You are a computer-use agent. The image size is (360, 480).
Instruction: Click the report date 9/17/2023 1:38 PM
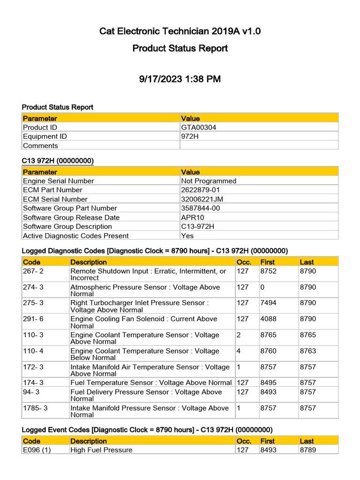pyautogui.click(x=180, y=79)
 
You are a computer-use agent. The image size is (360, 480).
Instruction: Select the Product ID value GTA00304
pyautogui.click(x=199, y=127)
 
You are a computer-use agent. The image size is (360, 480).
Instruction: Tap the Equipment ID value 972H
pyautogui.click(x=189, y=136)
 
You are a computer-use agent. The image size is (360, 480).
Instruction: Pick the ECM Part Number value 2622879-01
pyautogui.click(x=200, y=190)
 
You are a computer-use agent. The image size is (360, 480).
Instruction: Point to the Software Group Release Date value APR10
pyautogui.click(x=192, y=217)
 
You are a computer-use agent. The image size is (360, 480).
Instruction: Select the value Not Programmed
pyautogui.click(x=209, y=181)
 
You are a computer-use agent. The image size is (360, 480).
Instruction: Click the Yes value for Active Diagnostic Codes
pyautogui.click(x=187, y=236)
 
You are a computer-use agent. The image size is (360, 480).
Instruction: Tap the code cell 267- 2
pyautogui.click(x=33, y=271)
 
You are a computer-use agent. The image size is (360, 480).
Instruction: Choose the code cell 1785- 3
pyautogui.click(x=35, y=408)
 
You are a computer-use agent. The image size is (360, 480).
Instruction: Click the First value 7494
pyautogui.click(x=268, y=303)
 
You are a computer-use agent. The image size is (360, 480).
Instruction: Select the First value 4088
pyautogui.click(x=268, y=319)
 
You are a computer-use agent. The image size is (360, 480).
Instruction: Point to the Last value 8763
pyautogui.click(x=307, y=351)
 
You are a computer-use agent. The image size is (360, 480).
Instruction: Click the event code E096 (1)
pyautogui.click(x=37, y=450)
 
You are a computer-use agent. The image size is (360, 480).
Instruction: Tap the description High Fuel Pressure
pyautogui.click(x=101, y=450)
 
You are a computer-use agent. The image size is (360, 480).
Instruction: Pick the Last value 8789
pyautogui.click(x=307, y=450)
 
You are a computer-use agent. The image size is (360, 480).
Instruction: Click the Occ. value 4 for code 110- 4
pyautogui.click(x=239, y=351)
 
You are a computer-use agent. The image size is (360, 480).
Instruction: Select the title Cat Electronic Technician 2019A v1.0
pyautogui.click(x=180, y=32)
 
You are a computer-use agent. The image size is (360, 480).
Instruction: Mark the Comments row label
pyautogui.click(x=40, y=146)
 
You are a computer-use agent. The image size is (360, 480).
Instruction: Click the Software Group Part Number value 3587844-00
pyautogui.click(x=201, y=208)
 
